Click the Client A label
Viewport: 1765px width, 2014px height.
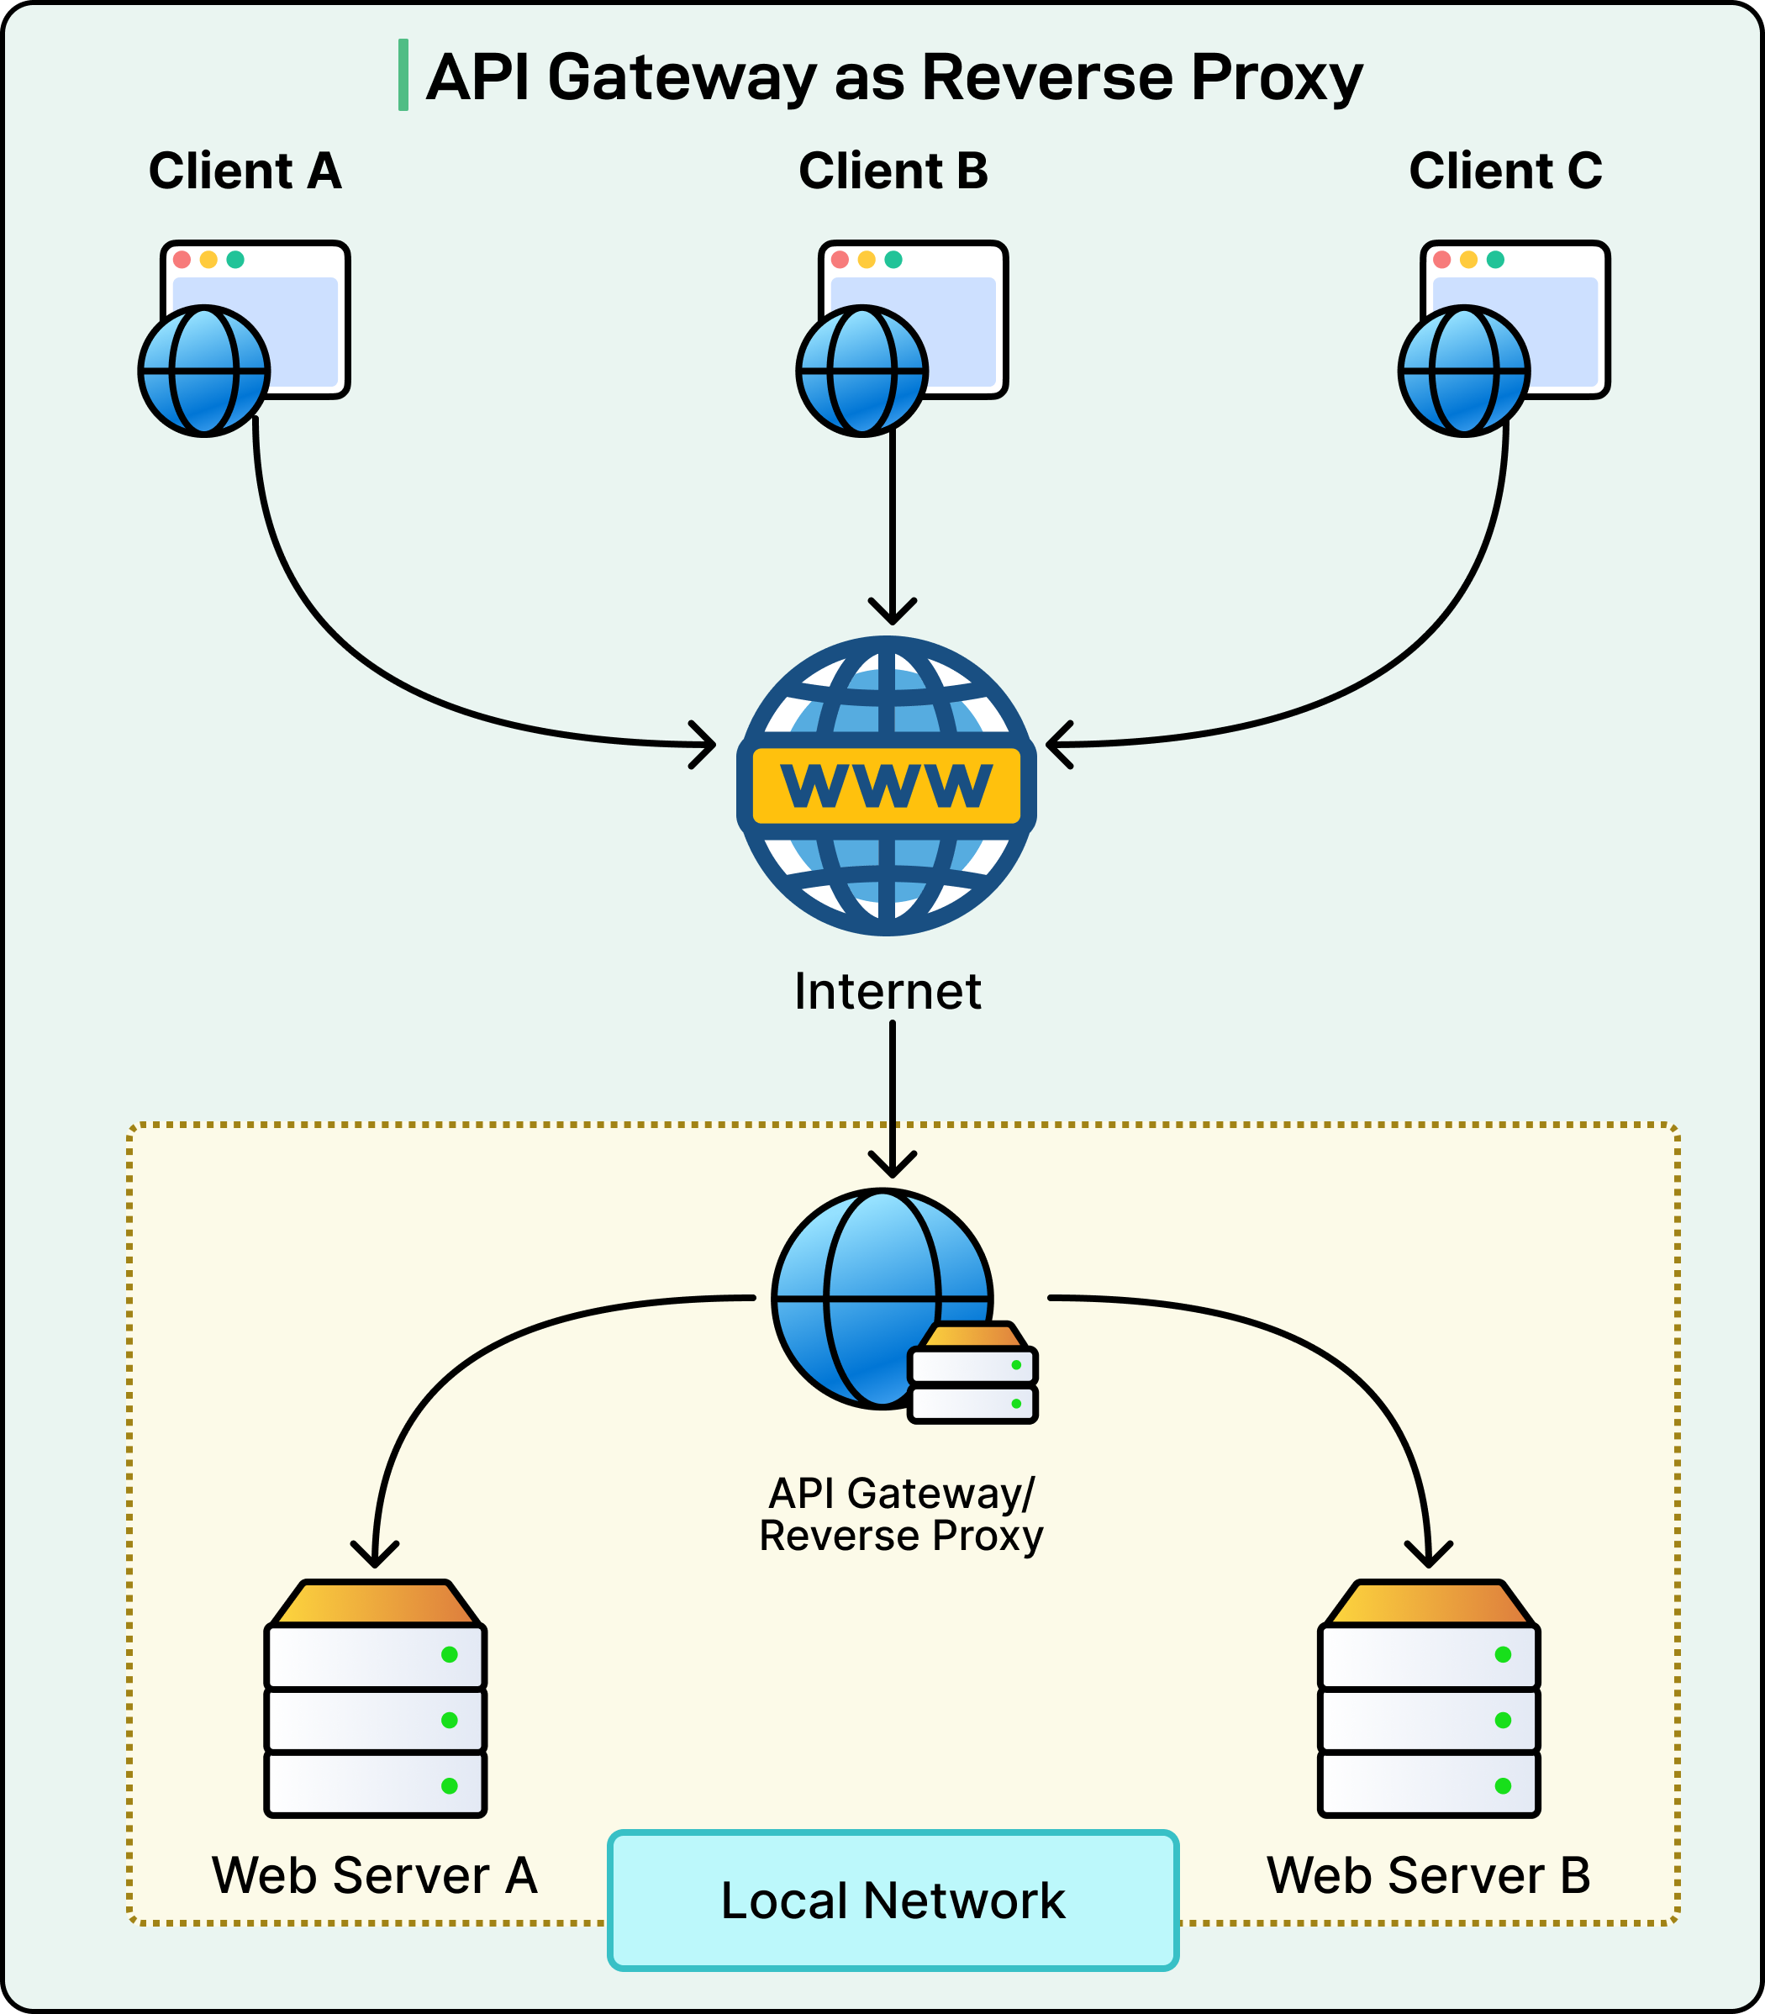[x=245, y=171]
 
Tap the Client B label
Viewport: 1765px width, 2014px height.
[x=893, y=171]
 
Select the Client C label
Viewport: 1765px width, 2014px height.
[x=1505, y=171]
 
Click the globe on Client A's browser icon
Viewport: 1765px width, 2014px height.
[x=204, y=372]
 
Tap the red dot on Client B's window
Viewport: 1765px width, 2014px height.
[x=839, y=260]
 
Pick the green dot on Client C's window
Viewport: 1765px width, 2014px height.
[x=1495, y=260]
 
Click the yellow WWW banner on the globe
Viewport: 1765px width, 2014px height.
[x=887, y=785]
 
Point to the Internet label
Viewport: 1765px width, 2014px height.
[x=888, y=991]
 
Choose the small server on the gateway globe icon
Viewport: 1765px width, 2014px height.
[x=972, y=1373]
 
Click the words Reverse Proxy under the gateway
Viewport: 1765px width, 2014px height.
[x=900, y=1537]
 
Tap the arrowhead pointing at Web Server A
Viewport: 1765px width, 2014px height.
[x=375, y=1555]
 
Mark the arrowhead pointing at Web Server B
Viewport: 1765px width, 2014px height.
[x=1428, y=1555]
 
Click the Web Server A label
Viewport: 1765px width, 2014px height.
[x=374, y=1875]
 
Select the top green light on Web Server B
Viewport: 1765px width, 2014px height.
[x=1503, y=1654]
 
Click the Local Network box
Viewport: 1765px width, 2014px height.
[x=893, y=1901]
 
